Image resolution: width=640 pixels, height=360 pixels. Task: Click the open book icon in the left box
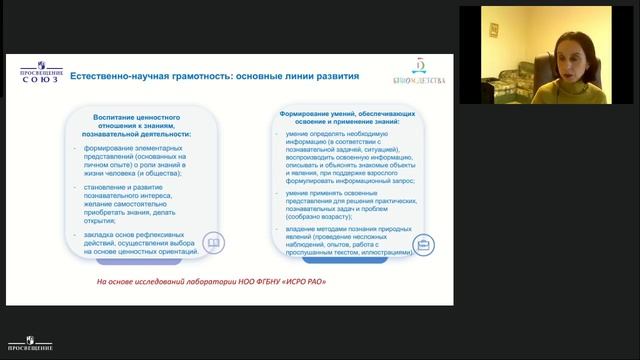pyautogui.click(x=213, y=244)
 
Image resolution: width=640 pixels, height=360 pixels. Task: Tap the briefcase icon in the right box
pyautogui.click(x=422, y=244)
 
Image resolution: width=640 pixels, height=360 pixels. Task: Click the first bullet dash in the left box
pyautogui.click(x=86, y=148)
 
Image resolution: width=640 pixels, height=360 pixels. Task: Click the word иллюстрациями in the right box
pyautogui.click(x=383, y=253)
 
